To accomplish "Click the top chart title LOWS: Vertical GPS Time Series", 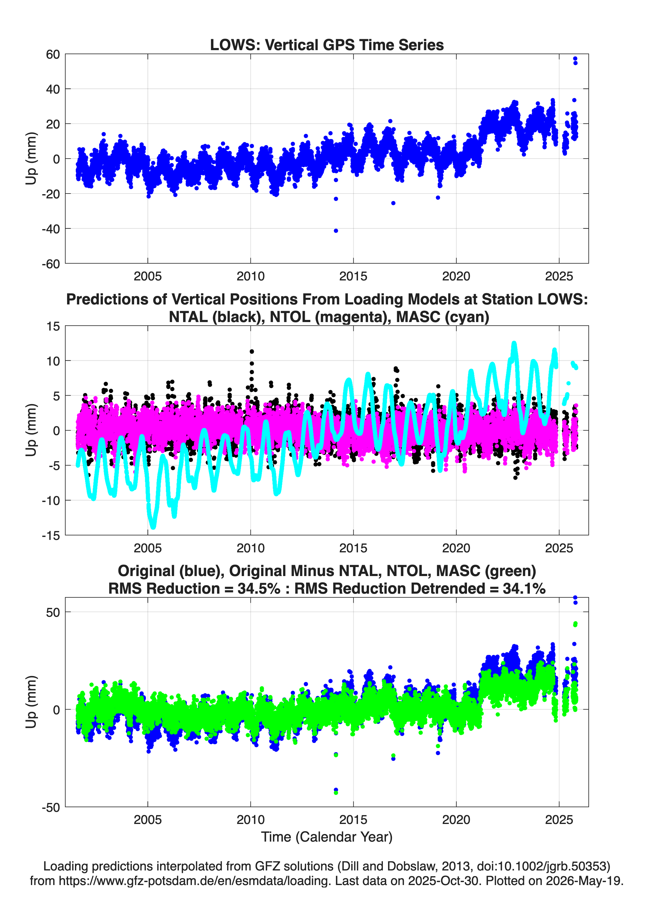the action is click(327, 45).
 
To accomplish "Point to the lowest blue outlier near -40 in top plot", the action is click(336, 231).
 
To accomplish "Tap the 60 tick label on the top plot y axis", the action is click(53, 54).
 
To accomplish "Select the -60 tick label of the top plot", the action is click(51, 264).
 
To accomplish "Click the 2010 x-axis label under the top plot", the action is click(250, 276).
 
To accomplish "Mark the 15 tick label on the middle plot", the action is click(53, 326).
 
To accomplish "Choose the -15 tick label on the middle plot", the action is click(51, 535).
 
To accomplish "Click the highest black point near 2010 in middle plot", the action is click(251, 352).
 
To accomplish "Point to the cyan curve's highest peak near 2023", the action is click(514, 344).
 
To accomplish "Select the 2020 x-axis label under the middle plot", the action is click(456, 548).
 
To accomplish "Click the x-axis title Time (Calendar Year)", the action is click(327, 837).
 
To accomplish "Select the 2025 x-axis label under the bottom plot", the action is click(559, 820).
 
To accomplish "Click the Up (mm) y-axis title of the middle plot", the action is click(31, 430).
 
